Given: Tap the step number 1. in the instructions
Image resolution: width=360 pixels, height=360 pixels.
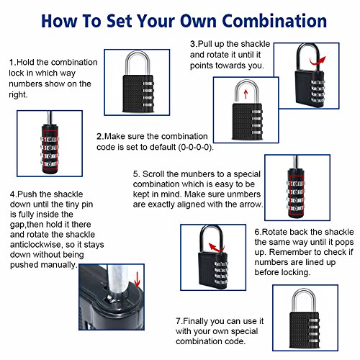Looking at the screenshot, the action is point(13,62).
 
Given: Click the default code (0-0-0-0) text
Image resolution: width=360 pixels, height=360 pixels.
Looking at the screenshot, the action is point(196,147).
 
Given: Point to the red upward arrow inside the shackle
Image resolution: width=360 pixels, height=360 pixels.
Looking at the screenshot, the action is point(246,94).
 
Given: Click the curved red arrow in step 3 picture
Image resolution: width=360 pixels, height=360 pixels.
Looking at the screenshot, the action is point(318,61).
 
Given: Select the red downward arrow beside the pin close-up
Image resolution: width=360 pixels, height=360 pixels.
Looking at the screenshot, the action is point(137,279).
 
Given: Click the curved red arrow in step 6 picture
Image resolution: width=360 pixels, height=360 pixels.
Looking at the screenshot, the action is point(216,248).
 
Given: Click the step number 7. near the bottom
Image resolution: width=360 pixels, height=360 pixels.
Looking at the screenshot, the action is point(179,321).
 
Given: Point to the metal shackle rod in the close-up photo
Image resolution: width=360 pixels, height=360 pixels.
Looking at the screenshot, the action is point(116,281).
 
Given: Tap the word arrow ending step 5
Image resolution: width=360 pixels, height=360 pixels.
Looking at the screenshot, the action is point(251,204).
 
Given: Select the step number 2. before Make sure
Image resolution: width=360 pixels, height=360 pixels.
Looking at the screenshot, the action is point(100,136).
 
